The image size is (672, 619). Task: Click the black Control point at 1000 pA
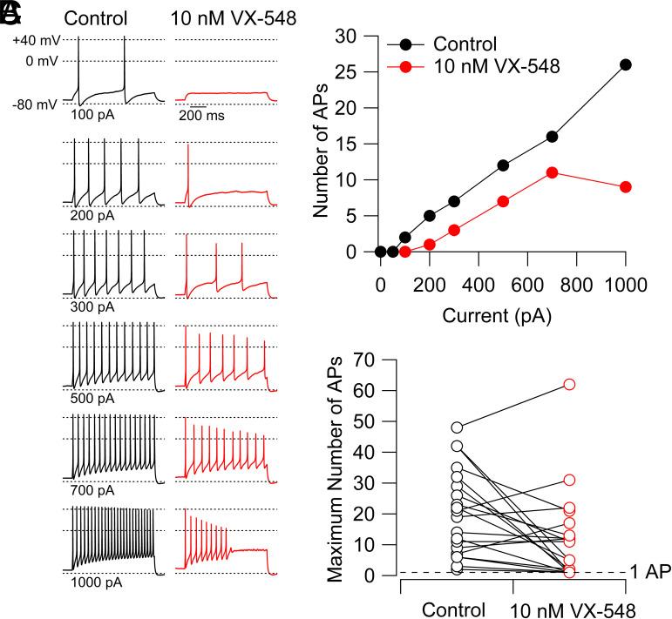click(625, 64)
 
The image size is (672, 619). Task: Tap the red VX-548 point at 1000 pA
click(625, 187)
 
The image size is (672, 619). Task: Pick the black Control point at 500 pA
click(503, 165)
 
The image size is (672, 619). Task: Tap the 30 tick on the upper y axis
click(350, 36)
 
